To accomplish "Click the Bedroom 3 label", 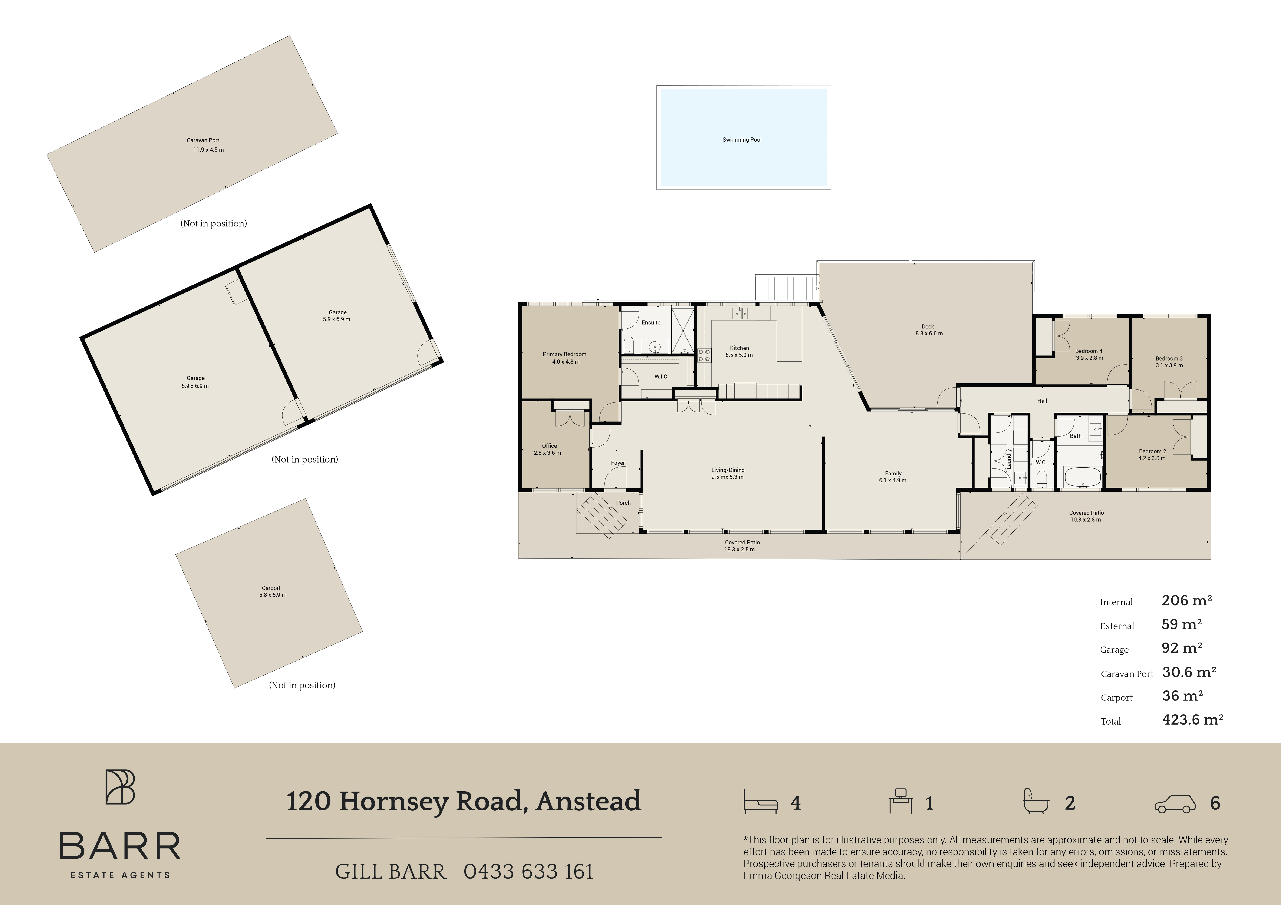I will tap(1169, 359).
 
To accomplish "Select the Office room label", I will tap(549, 445).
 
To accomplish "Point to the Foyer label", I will tap(618, 463).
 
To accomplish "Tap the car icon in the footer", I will tap(1175, 803).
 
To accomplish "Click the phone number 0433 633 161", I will tap(528, 872).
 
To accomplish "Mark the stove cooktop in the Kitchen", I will tap(704, 355).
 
